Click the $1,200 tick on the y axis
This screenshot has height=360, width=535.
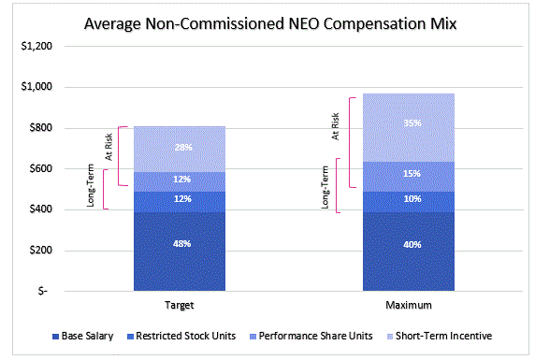(35, 46)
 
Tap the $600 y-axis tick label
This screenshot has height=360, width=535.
(37, 168)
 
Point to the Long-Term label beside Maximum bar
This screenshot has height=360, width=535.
(325, 185)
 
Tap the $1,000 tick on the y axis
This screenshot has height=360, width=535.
(35, 87)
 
